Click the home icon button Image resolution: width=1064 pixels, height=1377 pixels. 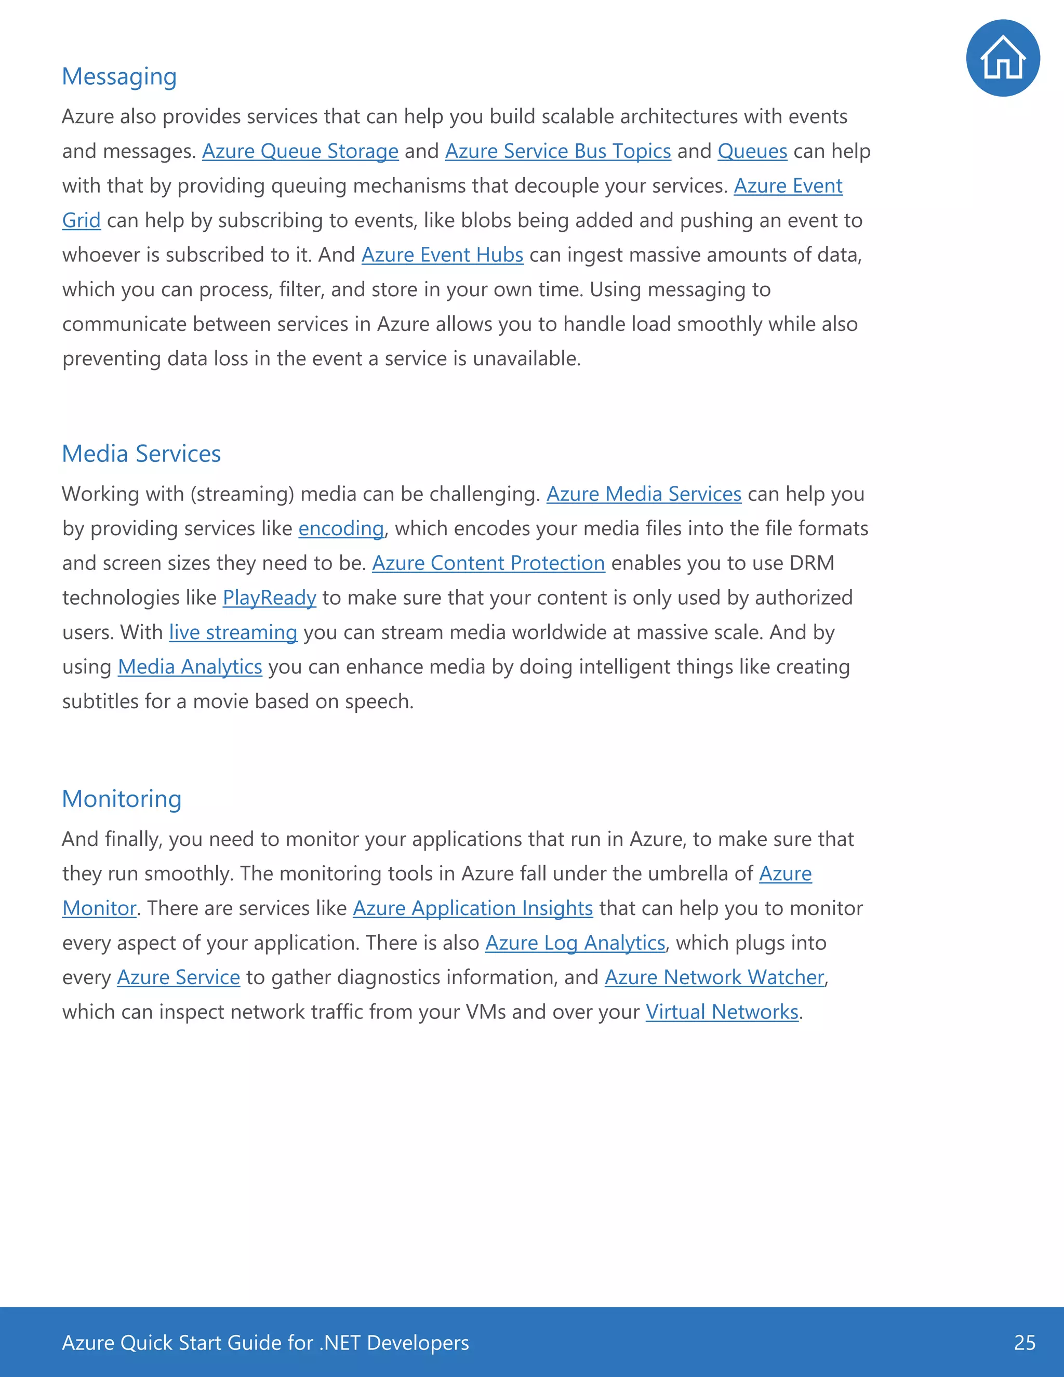tap(1002, 58)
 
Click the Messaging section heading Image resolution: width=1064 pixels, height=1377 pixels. tap(119, 76)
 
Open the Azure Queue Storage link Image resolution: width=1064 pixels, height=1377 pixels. tap(300, 151)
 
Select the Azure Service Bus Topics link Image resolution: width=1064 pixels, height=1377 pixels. tap(558, 151)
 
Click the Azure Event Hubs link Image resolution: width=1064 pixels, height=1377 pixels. tap(442, 255)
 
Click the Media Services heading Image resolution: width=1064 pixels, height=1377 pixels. tap(141, 454)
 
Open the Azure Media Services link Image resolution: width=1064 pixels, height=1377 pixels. tap(644, 494)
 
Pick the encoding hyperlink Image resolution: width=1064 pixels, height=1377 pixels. tap(341, 528)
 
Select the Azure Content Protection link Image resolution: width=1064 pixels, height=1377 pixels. tap(488, 563)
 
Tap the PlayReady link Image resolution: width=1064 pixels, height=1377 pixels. tap(269, 598)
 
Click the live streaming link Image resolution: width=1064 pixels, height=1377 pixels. tap(233, 632)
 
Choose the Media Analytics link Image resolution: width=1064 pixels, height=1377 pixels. tap(190, 667)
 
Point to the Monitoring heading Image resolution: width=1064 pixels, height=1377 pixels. tap(122, 799)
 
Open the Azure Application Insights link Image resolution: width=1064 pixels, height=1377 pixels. tap(473, 908)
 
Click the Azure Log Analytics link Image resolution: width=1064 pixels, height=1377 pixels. tap(575, 943)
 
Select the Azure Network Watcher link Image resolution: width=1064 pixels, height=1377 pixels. tap(714, 977)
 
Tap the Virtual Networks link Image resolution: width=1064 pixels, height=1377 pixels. tap(722, 1012)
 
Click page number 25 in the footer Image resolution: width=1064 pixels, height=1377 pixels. tap(1025, 1343)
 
